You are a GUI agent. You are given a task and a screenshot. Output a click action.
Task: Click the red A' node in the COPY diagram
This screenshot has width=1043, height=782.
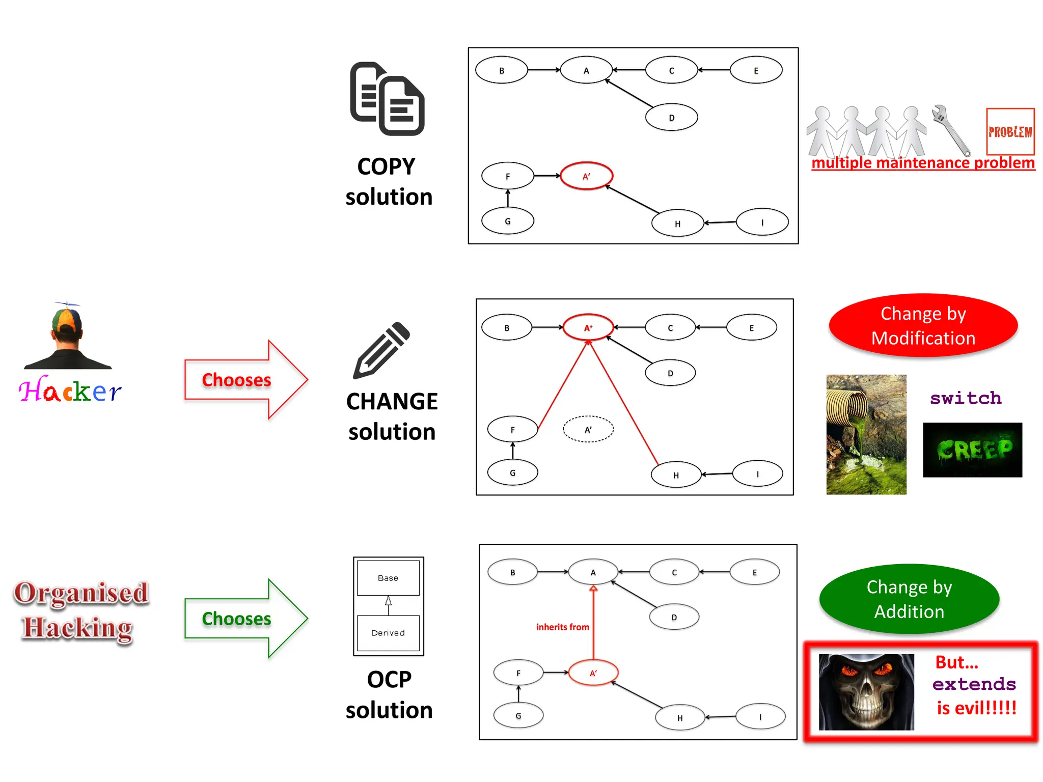click(586, 176)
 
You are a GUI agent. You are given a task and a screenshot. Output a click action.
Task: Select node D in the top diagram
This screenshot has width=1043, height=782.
click(671, 118)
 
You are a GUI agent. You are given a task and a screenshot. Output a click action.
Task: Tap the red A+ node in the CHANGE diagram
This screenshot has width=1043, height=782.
click(588, 328)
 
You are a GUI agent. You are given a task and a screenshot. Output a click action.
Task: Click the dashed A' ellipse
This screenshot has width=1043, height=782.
click(588, 430)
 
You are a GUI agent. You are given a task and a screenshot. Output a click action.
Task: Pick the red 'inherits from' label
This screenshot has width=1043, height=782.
click(562, 627)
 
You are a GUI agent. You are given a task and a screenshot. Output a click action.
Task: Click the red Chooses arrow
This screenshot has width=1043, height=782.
click(244, 380)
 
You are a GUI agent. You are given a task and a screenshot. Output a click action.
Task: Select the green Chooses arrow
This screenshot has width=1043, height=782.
click(244, 619)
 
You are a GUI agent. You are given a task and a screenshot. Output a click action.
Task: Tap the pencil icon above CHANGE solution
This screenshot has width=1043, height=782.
click(381, 351)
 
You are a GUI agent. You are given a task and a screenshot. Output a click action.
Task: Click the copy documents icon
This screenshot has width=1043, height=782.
click(387, 99)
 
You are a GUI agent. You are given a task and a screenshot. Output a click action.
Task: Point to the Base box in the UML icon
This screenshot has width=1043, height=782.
click(388, 578)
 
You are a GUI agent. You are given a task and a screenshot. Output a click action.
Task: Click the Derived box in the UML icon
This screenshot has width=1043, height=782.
click(388, 633)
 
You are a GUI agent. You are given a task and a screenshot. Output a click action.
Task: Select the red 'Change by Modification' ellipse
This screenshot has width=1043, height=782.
click(923, 326)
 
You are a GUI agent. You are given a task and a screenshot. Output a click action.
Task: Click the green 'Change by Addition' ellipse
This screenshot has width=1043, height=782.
click(909, 599)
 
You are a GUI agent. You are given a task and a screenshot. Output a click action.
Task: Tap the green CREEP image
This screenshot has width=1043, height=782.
click(972, 450)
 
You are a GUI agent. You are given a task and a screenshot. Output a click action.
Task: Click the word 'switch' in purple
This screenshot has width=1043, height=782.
click(966, 398)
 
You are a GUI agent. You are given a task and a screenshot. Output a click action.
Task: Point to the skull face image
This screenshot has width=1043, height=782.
click(866, 692)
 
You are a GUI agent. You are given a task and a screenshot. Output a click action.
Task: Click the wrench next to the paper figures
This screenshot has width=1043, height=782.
click(950, 130)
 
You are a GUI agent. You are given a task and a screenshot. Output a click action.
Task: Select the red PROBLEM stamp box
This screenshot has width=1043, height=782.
click(1010, 131)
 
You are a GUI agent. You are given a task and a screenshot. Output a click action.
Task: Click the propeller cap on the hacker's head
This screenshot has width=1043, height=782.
click(67, 318)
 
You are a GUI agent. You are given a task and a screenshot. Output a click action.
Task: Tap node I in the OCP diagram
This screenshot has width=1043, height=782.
click(760, 717)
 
